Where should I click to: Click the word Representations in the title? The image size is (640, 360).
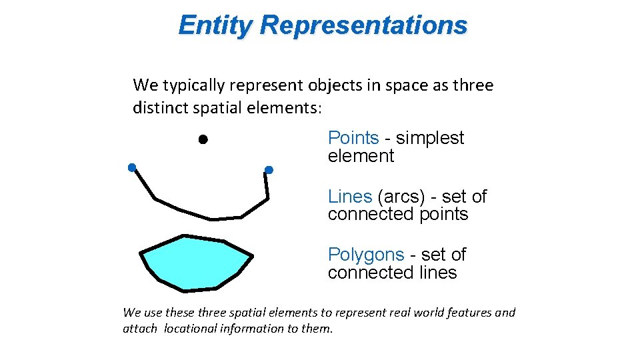pos(364,25)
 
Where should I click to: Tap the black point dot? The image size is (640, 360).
pos(203,139)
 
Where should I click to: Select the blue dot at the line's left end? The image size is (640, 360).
pos(132,167)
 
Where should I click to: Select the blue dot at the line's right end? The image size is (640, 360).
pos(269,170)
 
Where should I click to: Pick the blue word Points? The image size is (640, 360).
pos(353,138)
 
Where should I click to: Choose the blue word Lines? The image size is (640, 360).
pos(349,197)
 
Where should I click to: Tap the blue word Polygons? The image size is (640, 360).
pos(365,255)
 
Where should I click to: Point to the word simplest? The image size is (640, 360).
pos(430,138)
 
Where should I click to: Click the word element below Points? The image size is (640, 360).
pos(361,156)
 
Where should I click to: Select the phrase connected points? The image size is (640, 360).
pos(398,214)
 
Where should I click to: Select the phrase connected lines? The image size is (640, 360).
pos(392,273)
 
